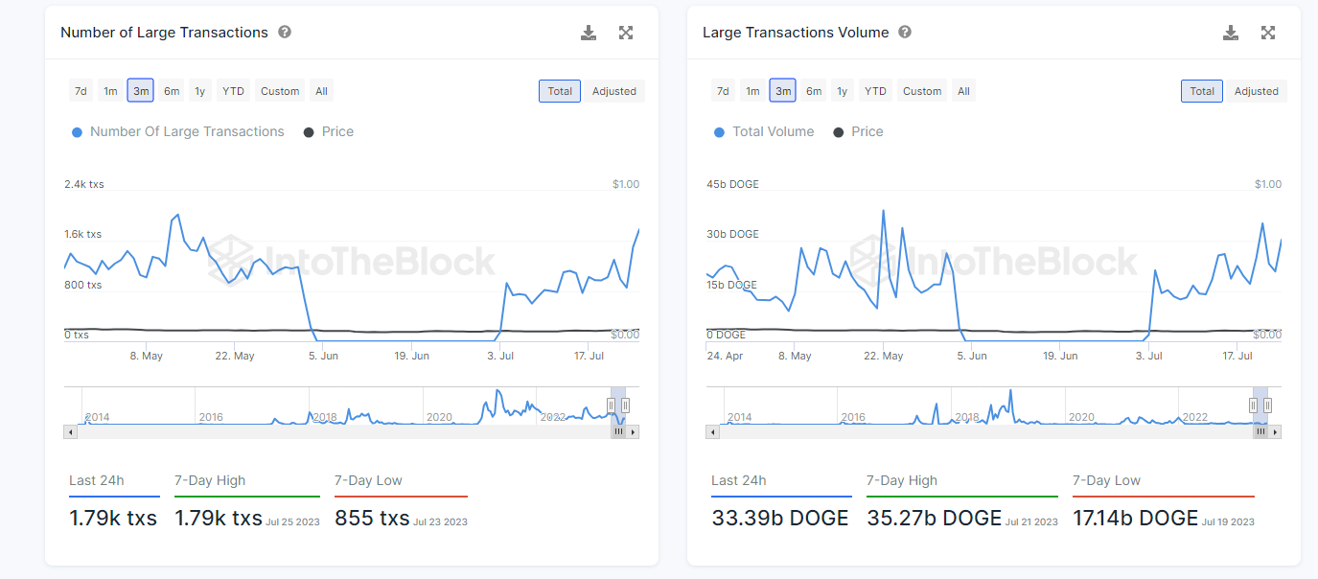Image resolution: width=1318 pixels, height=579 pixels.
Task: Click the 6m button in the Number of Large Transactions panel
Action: coord(172,91)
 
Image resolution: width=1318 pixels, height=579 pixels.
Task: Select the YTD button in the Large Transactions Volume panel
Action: coord(875,91)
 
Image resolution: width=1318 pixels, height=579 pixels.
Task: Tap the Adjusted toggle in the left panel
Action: coord(614,91)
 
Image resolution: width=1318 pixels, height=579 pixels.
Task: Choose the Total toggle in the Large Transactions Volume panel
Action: coord(1202,91)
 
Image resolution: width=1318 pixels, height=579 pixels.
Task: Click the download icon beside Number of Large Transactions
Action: coord(589,33)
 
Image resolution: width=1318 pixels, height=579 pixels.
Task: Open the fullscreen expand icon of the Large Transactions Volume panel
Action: coord(1268,33)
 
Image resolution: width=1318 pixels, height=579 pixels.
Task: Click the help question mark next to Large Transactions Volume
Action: coord(905,32)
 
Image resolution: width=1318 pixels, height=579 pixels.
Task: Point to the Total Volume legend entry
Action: coord(773,131)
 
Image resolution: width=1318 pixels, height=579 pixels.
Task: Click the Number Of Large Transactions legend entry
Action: coord(187,131)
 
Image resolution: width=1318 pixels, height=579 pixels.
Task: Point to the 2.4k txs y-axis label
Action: coord(84,184)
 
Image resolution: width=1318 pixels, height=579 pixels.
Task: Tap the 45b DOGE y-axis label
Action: coord(732,184)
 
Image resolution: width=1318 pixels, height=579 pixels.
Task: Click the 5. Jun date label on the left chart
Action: coord(323,356)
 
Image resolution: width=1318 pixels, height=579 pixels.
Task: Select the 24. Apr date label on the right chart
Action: coord(726,356)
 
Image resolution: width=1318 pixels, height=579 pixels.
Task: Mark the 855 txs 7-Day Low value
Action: coord(372,519)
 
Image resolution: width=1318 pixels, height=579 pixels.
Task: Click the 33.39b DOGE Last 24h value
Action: coord(780,519)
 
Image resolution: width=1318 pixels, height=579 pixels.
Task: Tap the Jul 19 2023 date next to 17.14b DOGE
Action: coord(1228,521)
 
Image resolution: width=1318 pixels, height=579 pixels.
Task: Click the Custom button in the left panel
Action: coord(280,91)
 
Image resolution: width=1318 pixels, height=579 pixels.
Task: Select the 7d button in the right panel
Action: coord(723,91)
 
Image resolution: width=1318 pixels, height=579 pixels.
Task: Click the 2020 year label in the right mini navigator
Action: coord(1081,417)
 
